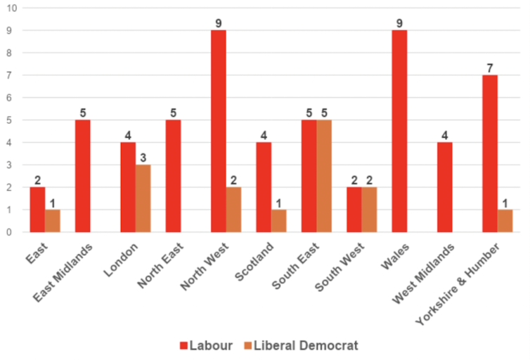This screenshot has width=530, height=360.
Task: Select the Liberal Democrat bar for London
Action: click(143, 198)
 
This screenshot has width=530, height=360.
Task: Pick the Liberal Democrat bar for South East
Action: click(324, 176)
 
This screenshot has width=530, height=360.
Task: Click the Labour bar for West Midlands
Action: click(444, 187)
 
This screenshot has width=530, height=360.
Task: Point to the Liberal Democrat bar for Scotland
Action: click(279, 221)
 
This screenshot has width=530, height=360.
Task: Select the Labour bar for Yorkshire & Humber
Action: click(490, 153)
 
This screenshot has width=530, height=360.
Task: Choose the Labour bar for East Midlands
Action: click(82, 176)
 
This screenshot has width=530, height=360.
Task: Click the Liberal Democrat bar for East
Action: click(52, 221)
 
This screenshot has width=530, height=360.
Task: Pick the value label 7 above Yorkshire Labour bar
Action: click(490, 68)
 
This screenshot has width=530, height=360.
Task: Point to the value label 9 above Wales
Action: click(399, 23)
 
